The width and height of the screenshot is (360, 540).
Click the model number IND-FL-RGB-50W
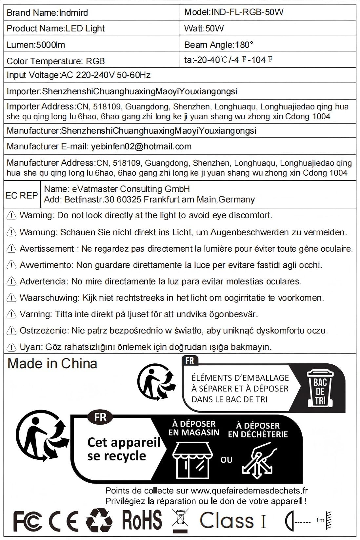coord(247,12)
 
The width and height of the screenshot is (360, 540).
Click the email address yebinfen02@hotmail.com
coord(141,146)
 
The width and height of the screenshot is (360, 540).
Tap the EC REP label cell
coord(22,195)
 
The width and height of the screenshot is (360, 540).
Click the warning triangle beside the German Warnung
coord(11,232)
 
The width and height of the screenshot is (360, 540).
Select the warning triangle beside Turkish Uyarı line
coord(11,347)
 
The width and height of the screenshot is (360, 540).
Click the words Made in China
coord(52,364)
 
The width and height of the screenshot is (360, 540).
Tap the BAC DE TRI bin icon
coord(320,389)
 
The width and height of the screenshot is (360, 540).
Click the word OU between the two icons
coord(226,460)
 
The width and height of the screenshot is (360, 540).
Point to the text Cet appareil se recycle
coord(123,449)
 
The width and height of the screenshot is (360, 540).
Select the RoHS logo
coord(142,520)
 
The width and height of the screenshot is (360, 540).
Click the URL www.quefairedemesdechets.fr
coord(249,491)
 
